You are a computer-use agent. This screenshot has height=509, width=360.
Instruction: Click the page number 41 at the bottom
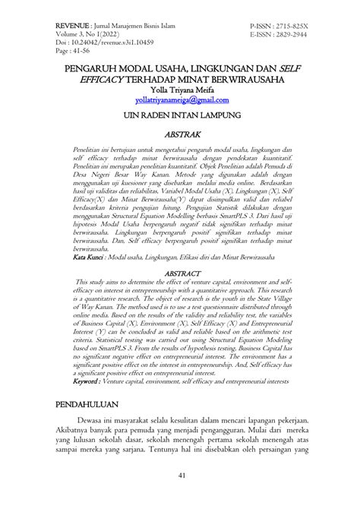point(180,497)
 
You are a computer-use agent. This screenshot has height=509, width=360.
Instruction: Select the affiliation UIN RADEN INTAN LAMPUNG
point(180,116)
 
